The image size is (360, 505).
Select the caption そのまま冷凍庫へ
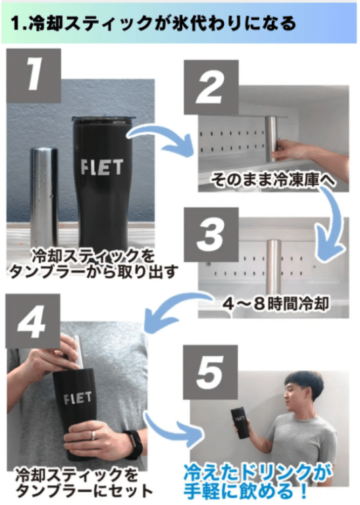[273, 178]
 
